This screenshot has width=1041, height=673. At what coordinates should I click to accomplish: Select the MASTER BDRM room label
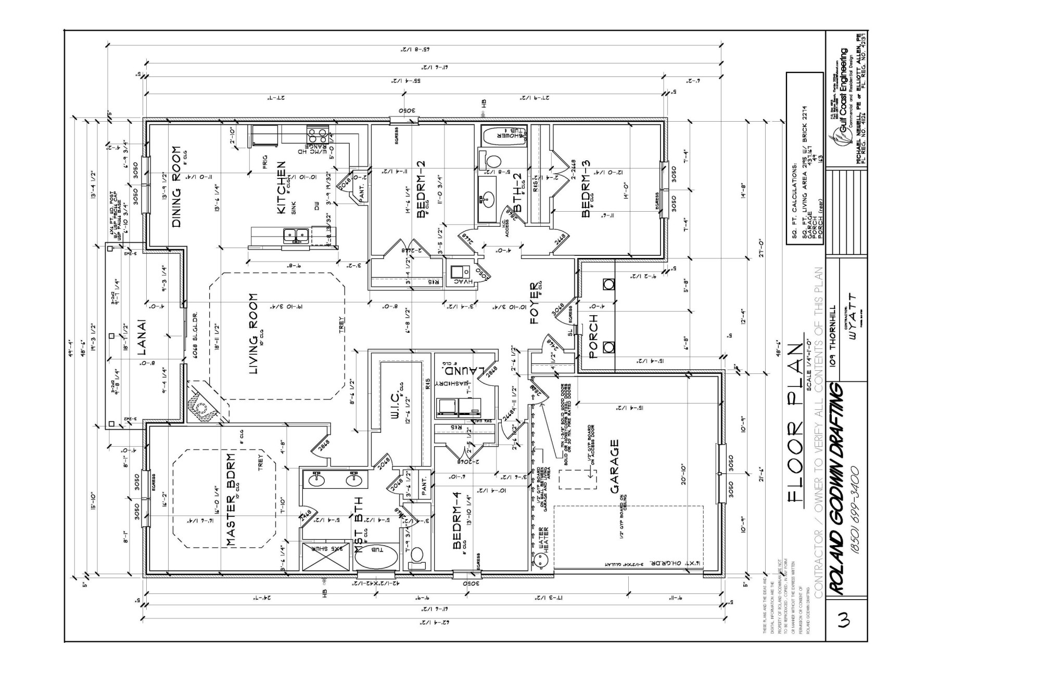tap(232, 499)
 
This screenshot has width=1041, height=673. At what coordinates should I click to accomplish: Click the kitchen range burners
tap(316, 136)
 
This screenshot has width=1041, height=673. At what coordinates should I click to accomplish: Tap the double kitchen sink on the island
tap(295, 237)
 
